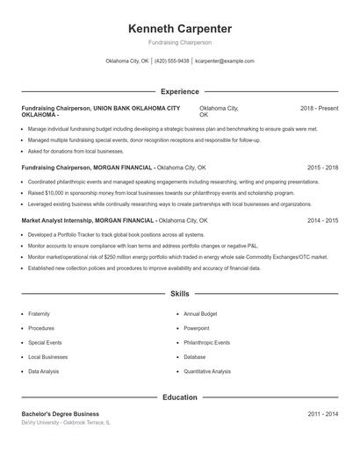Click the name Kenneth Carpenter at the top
coord(179,28)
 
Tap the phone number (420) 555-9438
coord(173,61)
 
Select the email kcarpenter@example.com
coord(224,61)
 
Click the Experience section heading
coord(179,91)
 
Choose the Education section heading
coord(179,397)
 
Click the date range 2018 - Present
coord(319,108)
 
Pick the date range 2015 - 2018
coord(322,167)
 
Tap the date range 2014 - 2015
coord(322,220)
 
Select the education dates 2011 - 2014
coord(322,414)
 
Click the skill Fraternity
coord(39,313)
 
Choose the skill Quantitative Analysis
coord(203,371)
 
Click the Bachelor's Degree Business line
coord(61,414)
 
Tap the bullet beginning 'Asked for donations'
coord(76,151)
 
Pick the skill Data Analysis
coord(44,371)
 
